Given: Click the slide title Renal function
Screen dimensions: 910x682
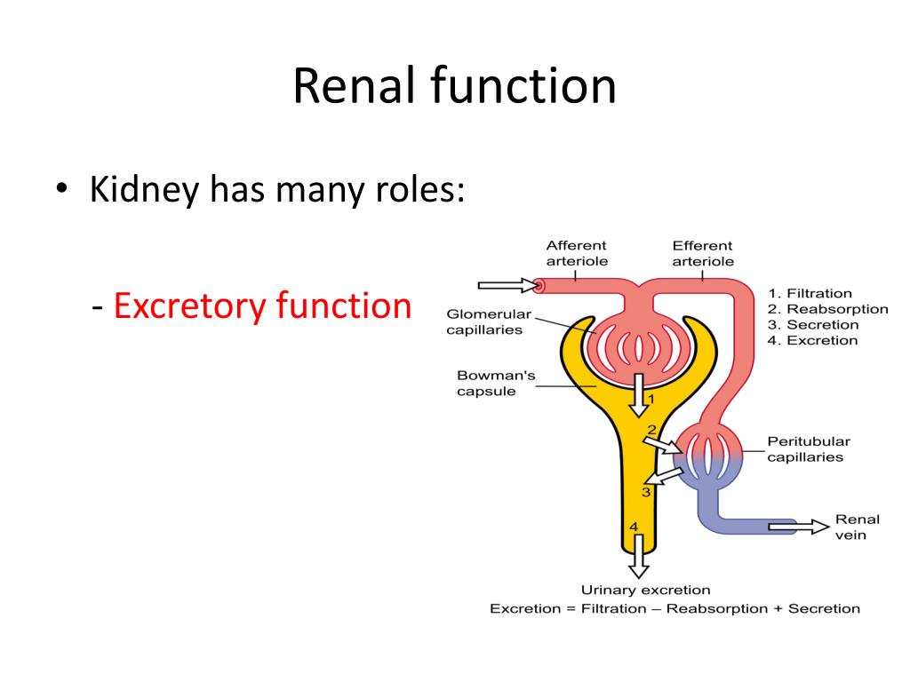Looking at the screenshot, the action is [x=454, y=85].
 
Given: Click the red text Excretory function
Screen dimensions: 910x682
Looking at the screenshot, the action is [x=262, y=305].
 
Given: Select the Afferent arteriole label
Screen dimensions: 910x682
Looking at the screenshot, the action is [x=577, y=253].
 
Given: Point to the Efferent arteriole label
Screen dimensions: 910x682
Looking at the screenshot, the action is [x=703, y=253].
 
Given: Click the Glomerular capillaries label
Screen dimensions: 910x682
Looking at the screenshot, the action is [x=489, y=321].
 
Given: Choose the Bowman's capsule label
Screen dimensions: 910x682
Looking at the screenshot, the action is [x=496, y=384].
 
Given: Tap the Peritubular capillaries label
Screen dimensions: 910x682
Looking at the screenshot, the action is [x=809, y=449].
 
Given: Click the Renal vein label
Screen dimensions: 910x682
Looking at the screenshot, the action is [x=858, y=527].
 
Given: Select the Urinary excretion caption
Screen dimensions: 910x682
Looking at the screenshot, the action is [x=645, y=590].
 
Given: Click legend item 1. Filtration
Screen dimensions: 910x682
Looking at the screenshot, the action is [x=810, y=293].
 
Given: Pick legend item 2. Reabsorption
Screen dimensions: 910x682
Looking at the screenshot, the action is [x=827, y=309].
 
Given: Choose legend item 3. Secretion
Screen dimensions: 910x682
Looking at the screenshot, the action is [x=812, y=325].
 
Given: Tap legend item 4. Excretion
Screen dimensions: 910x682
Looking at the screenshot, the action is [x=812, y=340].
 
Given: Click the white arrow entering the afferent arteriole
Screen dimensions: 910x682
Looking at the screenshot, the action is [x=508, y=285].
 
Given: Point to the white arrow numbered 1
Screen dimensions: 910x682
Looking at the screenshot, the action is [x=639, y=395].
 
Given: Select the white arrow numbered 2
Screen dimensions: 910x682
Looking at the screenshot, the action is [x=662, y=446].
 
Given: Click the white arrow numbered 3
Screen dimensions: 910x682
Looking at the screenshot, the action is [x=665, y=476].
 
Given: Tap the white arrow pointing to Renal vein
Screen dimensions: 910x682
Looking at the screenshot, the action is [x=799, y=527].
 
